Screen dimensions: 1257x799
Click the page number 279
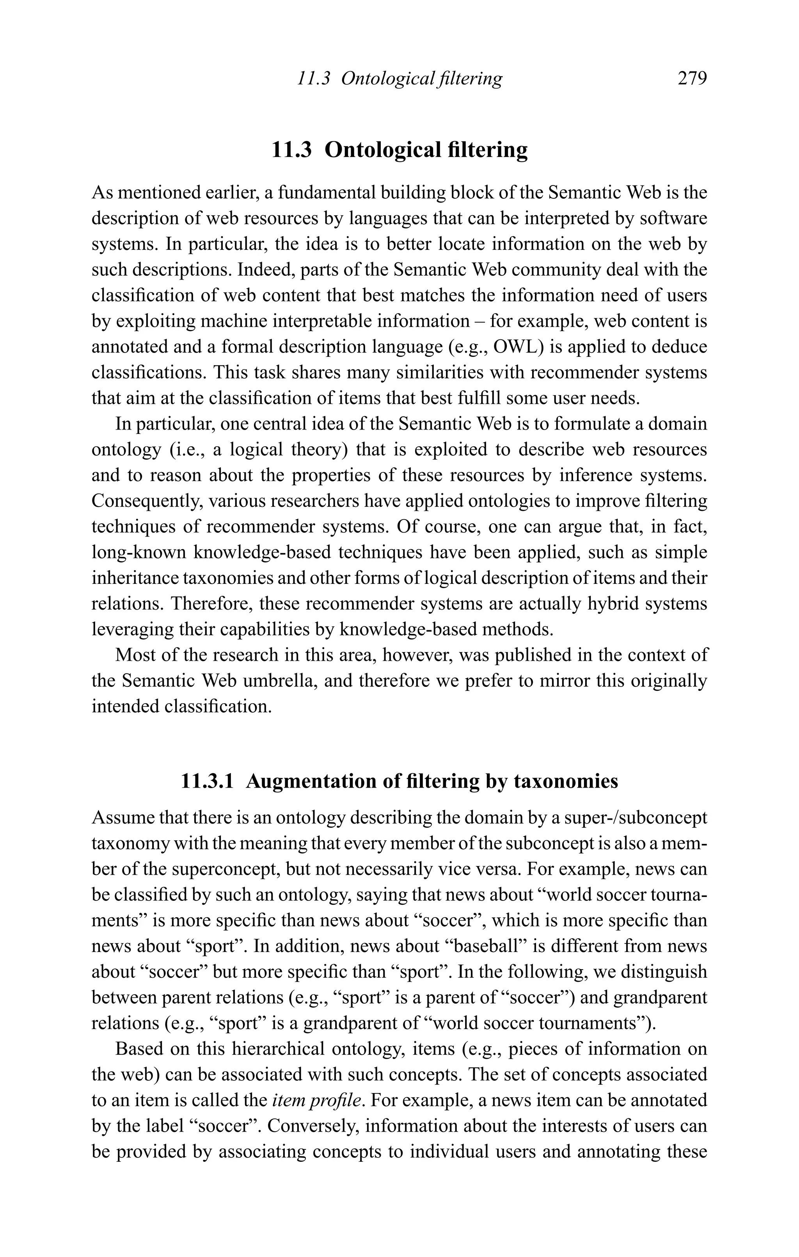point(692,79)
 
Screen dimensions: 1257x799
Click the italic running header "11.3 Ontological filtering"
point(399,79)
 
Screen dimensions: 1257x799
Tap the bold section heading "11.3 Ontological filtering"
point(399,150)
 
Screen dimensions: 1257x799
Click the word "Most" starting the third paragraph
point(133,655)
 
